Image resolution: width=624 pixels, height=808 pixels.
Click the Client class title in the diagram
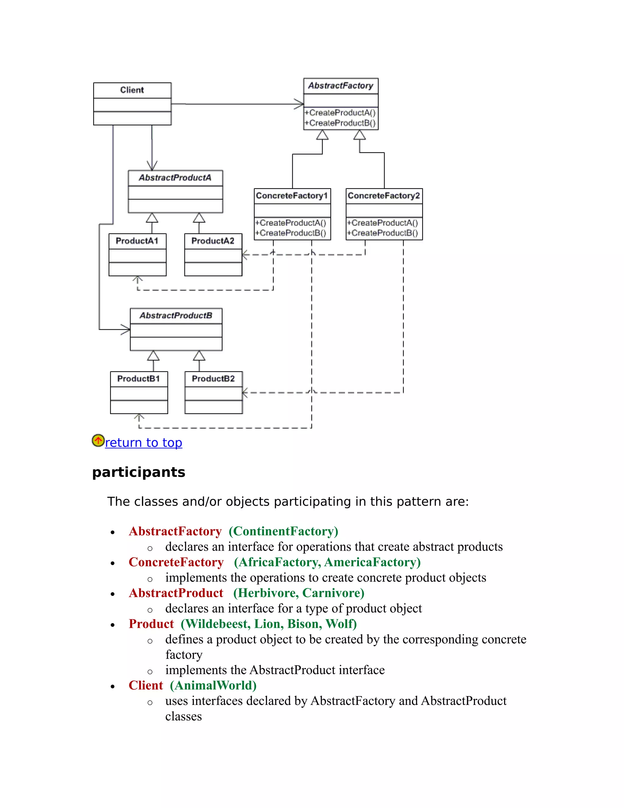coord(132,90)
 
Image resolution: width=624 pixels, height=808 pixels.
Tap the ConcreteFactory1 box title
coord(292,195)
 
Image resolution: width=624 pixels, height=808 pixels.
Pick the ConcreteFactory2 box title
coord(384,195)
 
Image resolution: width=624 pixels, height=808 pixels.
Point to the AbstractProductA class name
coord(175,177)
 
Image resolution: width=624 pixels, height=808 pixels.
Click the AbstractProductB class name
coord(176,316)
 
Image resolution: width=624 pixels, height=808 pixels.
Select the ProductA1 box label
coord(137,241)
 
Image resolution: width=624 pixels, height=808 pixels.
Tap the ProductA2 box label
coord(213,241)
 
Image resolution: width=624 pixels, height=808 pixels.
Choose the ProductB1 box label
coord(139,378)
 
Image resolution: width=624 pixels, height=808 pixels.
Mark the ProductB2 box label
coord(213,378)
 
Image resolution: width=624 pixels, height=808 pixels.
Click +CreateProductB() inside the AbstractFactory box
coord(340,123)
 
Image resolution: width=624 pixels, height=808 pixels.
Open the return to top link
coord(144,442)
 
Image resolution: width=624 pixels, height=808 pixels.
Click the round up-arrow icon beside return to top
coord(98,440)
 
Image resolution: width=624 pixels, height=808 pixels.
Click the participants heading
coord(139,472)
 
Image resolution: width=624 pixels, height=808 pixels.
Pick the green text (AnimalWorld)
coord(213,685)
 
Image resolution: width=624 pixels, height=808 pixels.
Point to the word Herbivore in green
coord(266,593)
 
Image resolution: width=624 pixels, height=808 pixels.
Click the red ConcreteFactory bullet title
coord(176,562)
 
